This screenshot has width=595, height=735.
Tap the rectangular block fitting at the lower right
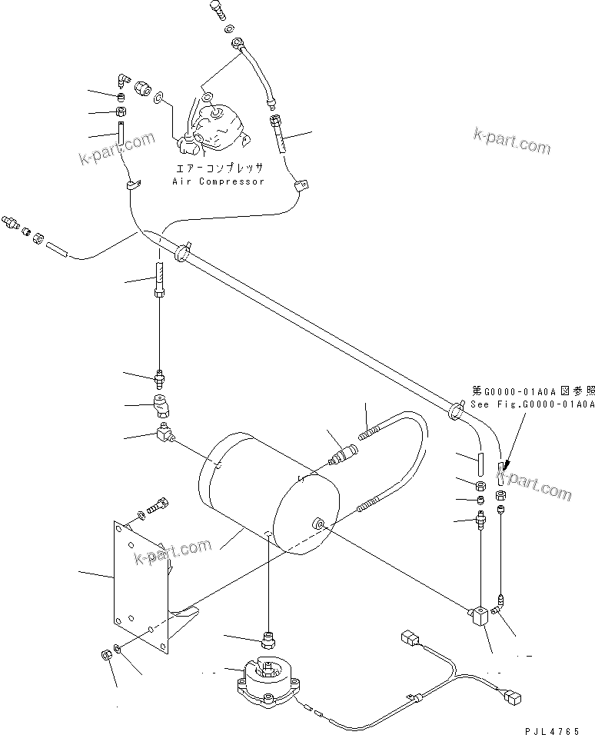481,616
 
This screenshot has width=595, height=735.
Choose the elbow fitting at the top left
124,80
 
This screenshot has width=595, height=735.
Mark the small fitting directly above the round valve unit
269,639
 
